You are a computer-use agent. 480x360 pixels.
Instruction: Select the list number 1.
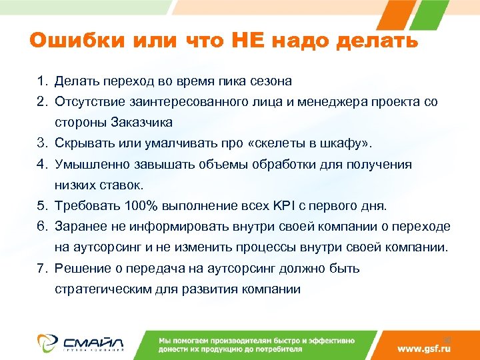click(x=41, y=81)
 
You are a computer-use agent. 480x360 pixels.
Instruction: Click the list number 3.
click(x=41, y=143)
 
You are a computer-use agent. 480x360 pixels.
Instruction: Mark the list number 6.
click(x=41, y=226)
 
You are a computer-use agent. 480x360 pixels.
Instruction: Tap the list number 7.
click(x=41, y=268)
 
